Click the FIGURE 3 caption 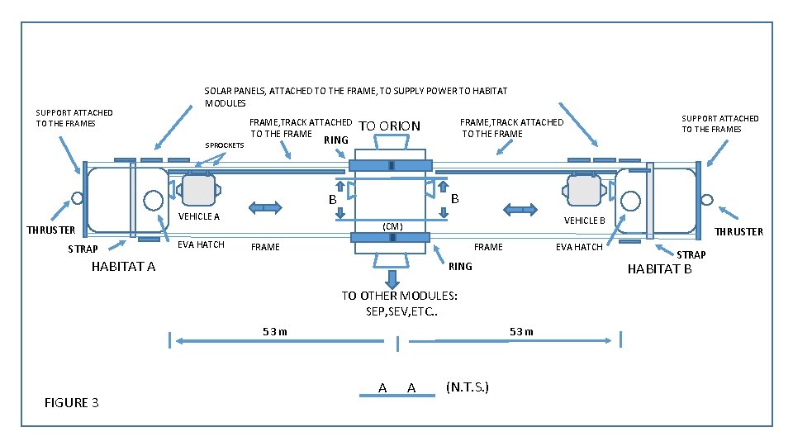[72, 403]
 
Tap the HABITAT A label [123, 267]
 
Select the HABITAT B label [659, 268]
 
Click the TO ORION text [390, 126]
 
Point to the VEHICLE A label [199, 217]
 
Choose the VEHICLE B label [585, 221]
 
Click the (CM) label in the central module [392, 225]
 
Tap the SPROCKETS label [224, 145]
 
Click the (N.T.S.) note [467, 387]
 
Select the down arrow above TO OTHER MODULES [392, 278]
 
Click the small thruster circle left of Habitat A [77, 198]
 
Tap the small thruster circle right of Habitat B [707, 198]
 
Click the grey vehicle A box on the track [198, 190]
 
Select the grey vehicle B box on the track [584, 190]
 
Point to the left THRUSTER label [50, 230]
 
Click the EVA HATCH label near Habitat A [202, 244]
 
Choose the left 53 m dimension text [274, 332]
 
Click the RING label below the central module [460, 267]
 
